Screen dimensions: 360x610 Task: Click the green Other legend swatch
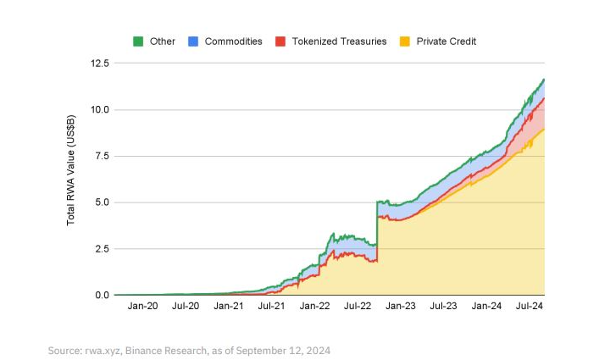coord(139,41)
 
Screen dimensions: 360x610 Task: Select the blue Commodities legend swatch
coord(193,41)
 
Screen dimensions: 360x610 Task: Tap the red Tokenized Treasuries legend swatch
coord(280,41)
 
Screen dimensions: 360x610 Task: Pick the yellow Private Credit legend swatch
coord(405,41)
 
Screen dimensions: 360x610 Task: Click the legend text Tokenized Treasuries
coord(339,41)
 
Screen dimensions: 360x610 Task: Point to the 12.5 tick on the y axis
coord(100,64)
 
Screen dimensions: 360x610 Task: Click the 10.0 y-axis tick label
coord(100,110)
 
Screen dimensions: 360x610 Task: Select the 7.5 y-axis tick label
coord(103,156)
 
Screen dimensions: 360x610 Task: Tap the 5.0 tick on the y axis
coord(103,202)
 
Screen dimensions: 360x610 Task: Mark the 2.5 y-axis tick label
coord(103,249)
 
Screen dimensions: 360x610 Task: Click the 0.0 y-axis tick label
coord(103,295)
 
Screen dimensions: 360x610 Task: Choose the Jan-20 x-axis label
coord(141,307)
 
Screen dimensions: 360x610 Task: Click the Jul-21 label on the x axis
coord(271,307)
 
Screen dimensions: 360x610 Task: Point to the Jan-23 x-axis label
coord(400,307)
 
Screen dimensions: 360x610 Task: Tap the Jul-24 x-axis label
coord(529,307)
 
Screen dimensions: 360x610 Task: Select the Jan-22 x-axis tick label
coord(314,307)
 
